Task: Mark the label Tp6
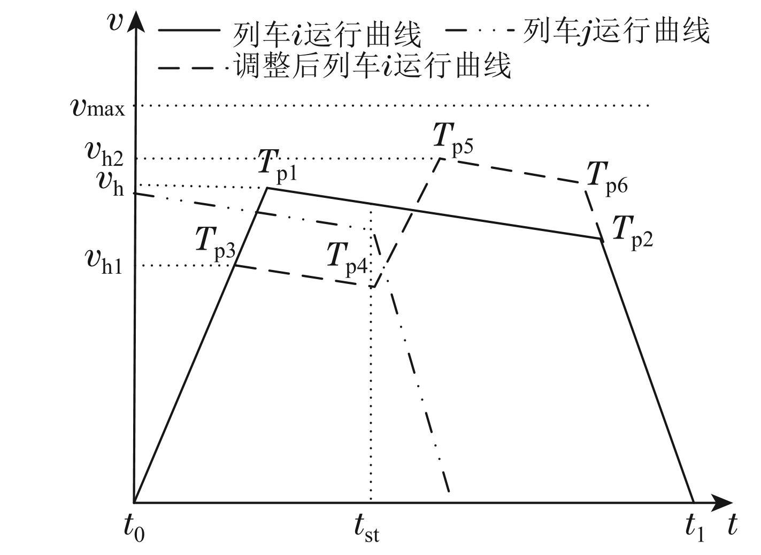pyautogui.click(x=606, y=177)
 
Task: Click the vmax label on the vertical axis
pyautogui.click(x=98, y=107)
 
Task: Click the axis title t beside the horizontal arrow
pyautogui.click(x=732, y=525)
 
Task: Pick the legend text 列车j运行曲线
pyautogui.click(x=616, y=30)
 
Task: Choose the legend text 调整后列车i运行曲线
pyautogui.click(x=372, y=67)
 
